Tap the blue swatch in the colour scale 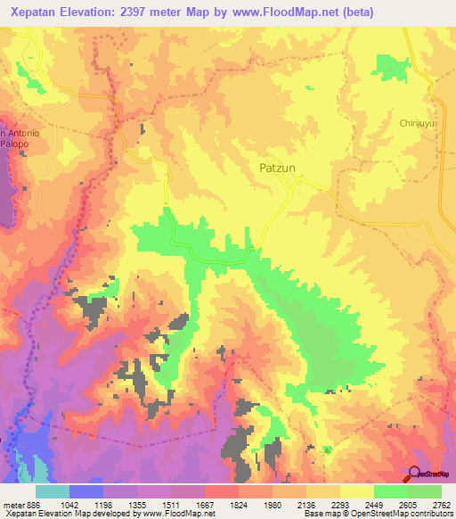86,492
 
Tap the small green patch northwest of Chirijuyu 388,67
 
